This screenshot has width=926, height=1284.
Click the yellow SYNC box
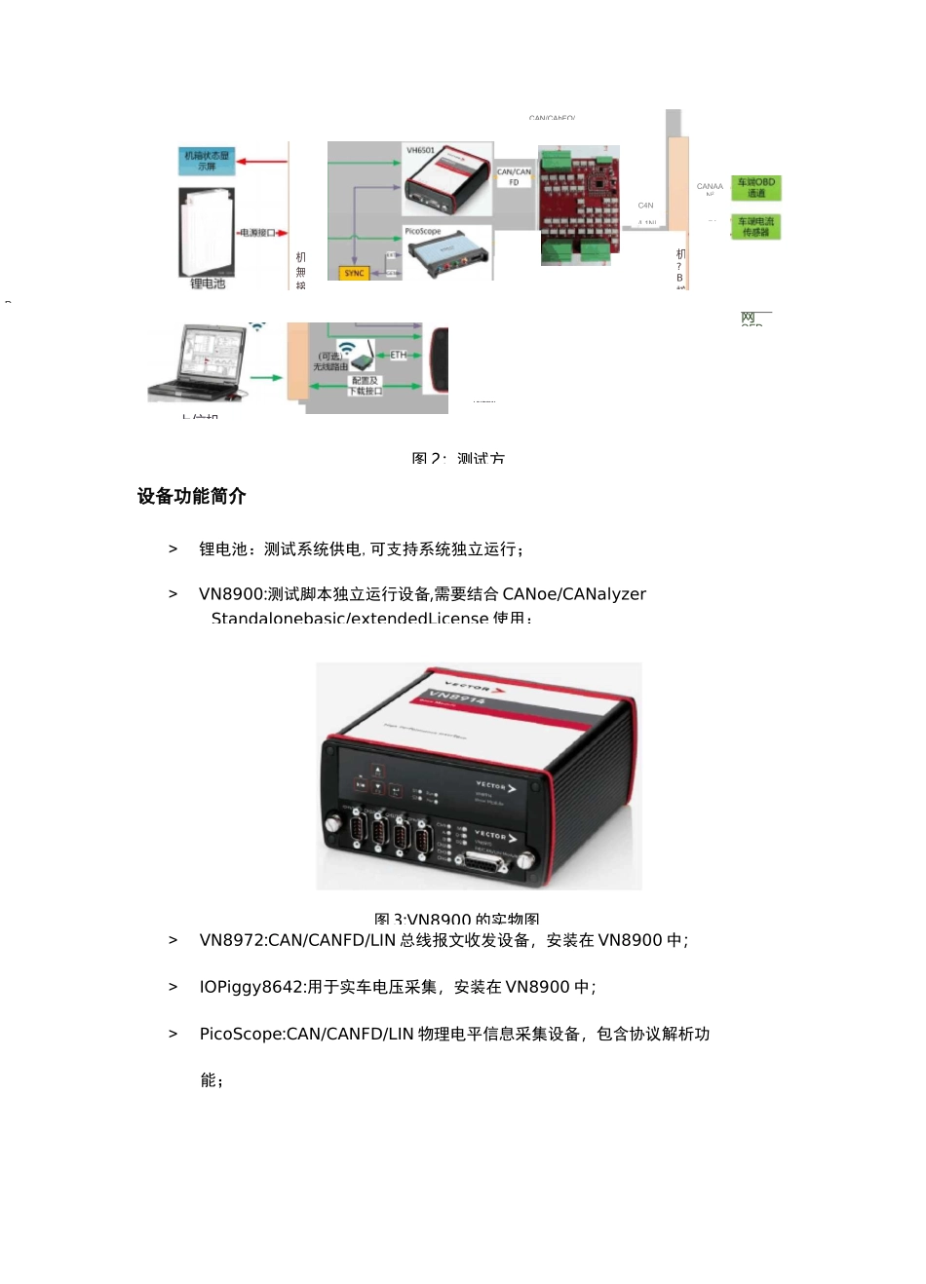point(354,273)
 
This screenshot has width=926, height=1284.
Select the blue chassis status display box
point(207,161)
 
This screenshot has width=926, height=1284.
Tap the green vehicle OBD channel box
point(756,187)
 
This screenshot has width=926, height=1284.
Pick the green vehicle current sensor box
point(756,227)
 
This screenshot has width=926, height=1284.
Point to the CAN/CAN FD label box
point(514,176)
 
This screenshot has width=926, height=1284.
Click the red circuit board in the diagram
point(580,206)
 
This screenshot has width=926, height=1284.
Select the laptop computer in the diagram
point(199,362)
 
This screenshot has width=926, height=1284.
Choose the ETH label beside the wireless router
point(398,355)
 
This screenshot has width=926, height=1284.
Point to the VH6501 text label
point(420,150)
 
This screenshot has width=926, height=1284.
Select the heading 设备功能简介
point(192,496)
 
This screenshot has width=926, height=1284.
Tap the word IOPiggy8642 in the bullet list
point(251,987)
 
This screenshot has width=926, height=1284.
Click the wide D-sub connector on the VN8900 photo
point(484,862)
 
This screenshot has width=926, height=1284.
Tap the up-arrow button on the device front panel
point(378,771)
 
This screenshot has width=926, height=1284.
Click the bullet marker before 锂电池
point(174,549)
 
